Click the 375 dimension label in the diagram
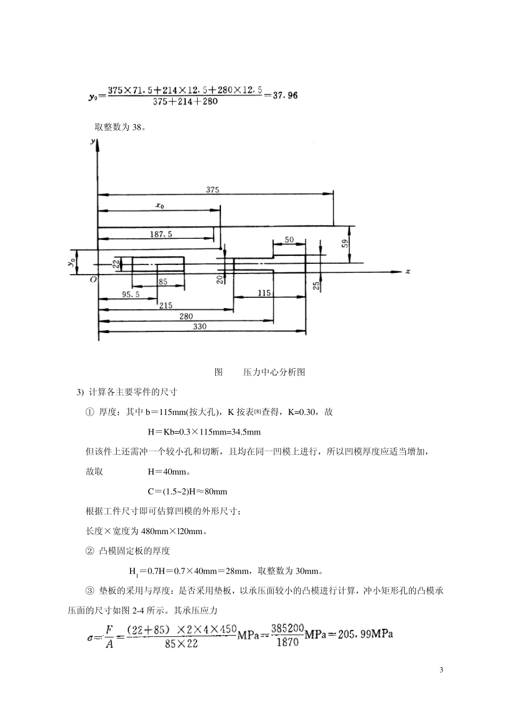pos(213,189)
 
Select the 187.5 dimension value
pos(161,234)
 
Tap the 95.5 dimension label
pos(130,294)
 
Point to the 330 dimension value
pos(199,327)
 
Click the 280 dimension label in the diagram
pos(186,316)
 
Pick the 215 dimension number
pos(166,305)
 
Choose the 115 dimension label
pos(264,293)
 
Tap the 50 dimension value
pos(289,240)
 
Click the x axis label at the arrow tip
pos(408,271)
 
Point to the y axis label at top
pos(93,141)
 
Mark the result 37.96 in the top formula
pos(285,96)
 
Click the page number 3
pos(441,669)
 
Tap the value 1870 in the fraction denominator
pos(288,642)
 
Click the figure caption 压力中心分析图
pos(274,372)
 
